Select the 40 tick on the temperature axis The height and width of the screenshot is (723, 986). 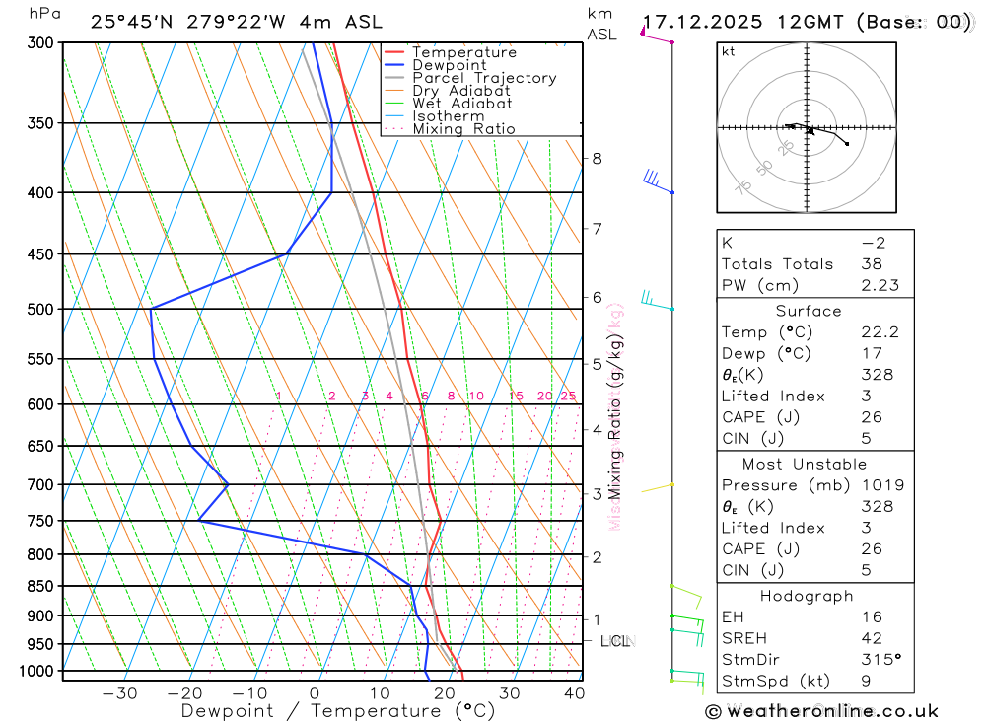click(x=574, y=693)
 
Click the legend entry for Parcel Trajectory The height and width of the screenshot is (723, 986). click(x=484, y=78)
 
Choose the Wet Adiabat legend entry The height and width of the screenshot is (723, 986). click(x=462, y=104)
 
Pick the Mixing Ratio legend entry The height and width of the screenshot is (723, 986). click(x=463, y=129)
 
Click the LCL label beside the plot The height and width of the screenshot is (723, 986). click(x=615, y=641)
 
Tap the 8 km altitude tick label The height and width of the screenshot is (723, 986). click(x=598, y=158)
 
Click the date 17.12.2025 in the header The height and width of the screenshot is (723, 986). click(x=702, y=22)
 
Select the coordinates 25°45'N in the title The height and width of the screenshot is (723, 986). click(x=132, y=22)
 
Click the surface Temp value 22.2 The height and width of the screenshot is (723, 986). click(x=880, y=332)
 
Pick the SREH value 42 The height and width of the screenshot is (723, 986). click(x=871, y=638)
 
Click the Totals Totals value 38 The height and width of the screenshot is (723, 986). click(x=871, y=263)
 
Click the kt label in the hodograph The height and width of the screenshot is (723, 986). click(x=729, y=51)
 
